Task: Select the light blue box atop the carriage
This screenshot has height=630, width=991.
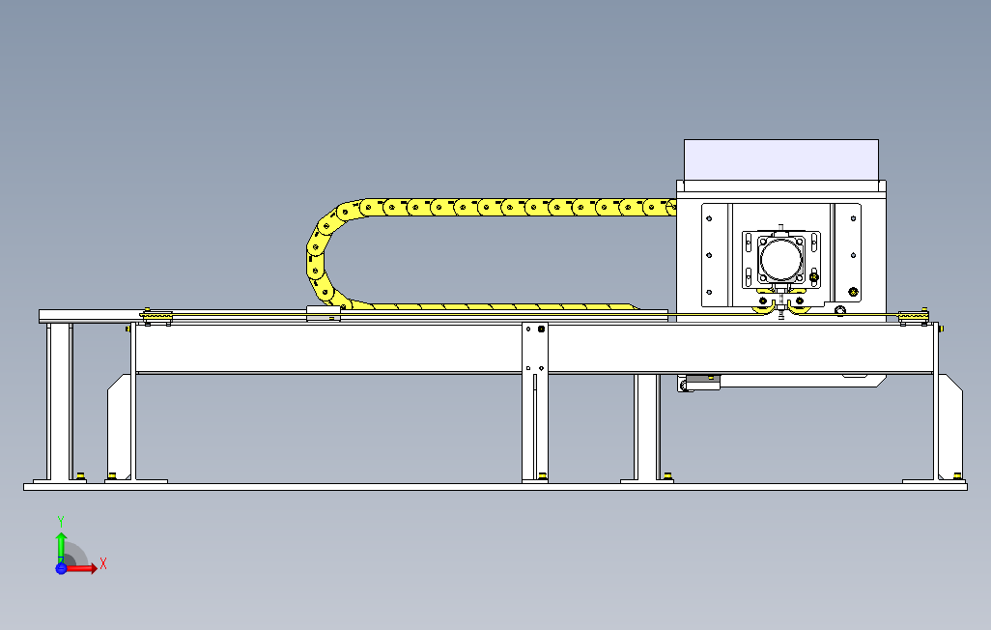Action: pos(781,158)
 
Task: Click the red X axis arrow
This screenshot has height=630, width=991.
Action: pos(81,568)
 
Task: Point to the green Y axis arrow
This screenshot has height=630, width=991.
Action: pos(60,545)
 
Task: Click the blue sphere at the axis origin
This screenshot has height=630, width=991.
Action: pos(61,568)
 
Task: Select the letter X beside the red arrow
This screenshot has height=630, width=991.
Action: pos(102,563)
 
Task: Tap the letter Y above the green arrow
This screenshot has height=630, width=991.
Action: pos(60,521)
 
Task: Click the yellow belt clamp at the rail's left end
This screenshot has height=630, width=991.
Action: pos(156,316)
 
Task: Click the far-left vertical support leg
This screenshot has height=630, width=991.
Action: pos(59,400)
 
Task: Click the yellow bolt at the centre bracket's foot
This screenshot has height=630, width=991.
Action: pos(543,474)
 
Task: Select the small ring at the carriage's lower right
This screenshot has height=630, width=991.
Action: pos(839,310)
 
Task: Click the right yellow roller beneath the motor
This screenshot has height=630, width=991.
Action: pos(799,301)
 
